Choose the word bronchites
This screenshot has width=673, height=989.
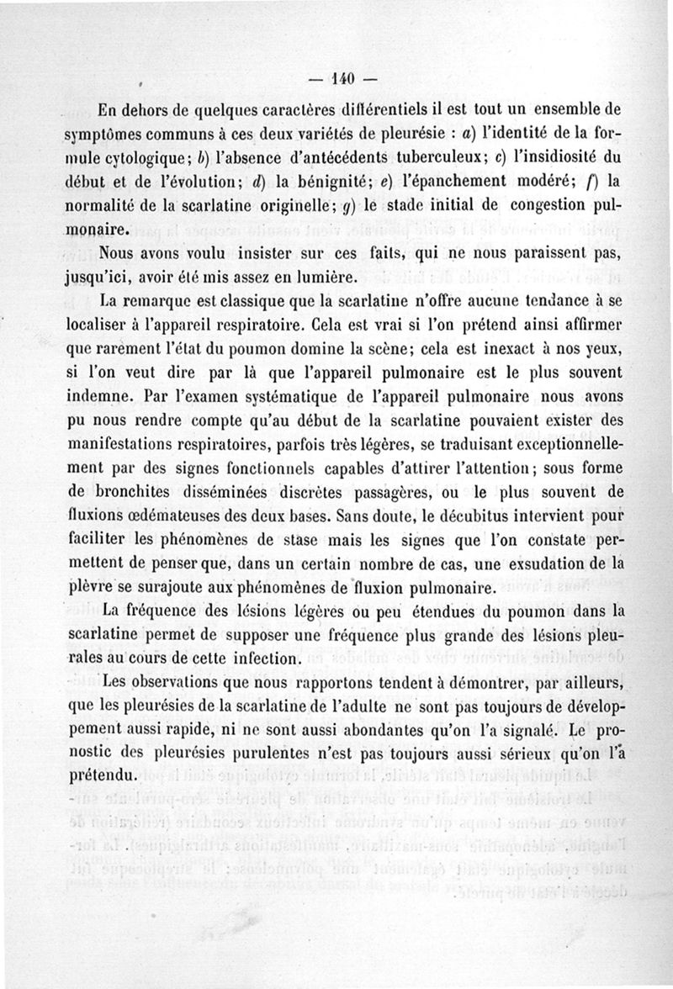tap(127, 493)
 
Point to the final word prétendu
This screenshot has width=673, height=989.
tap(98, 775)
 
